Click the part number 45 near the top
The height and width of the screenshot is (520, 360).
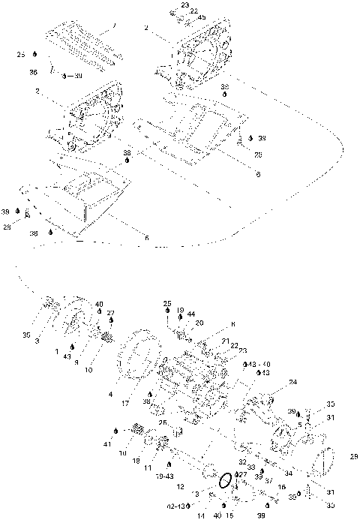pos(181,18)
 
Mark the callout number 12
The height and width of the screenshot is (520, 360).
pos(180,487)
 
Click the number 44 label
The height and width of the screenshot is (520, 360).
pos(191,313)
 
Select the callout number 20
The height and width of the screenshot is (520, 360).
pos(199,323)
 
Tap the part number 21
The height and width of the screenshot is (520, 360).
pos(226,340)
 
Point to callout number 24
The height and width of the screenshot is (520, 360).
pos(292,382)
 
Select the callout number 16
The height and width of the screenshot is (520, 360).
pos(280,487)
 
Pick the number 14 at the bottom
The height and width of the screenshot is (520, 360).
pos(202,516)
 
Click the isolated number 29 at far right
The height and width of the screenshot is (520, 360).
pos(354,455)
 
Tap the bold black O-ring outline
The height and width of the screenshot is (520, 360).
pos(223,480)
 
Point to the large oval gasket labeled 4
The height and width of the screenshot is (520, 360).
pos(139,363)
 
